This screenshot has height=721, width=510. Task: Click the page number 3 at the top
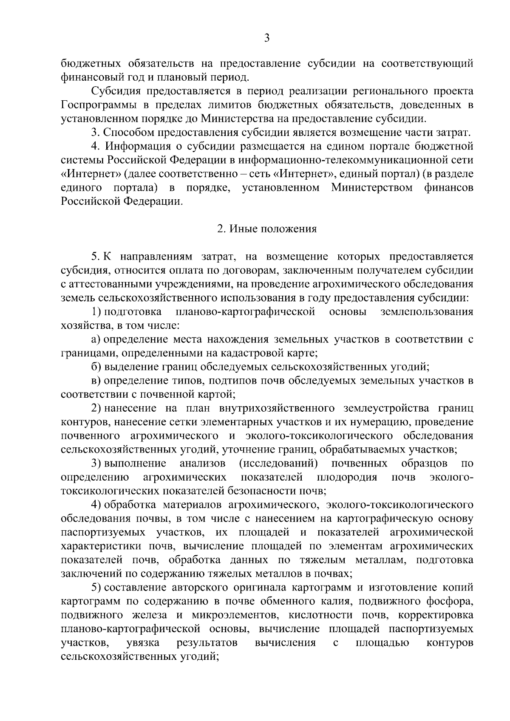pyautogui.click(x=266, y=38)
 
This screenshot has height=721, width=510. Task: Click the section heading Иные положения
pyautogui.click(x=267, y=229)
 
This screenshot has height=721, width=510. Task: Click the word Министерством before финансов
pyautogui.click(x=372, y=187)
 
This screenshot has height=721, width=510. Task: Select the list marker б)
pyautogui.click(x=96, y=367)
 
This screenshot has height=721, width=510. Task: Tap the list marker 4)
pyautogui.click(x=96, y=504)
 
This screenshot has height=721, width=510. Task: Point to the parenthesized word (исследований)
pyautogui.click(x=279, y=463)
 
